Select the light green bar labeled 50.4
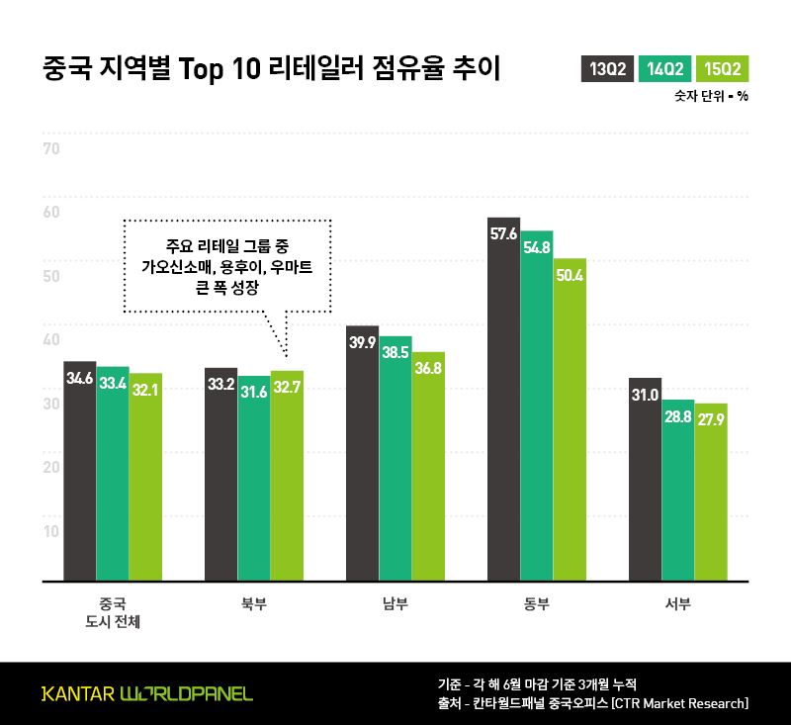tap(571, 419)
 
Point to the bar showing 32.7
tap(287, 476)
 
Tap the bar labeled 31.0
tap(645, 479)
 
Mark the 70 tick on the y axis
tap(51, 149)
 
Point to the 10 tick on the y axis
tap(51, 530)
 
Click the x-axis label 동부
tap(537, 603)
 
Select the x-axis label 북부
tap(254, 603)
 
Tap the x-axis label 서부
tap(677, 603)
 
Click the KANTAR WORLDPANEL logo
tap(146, 693)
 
